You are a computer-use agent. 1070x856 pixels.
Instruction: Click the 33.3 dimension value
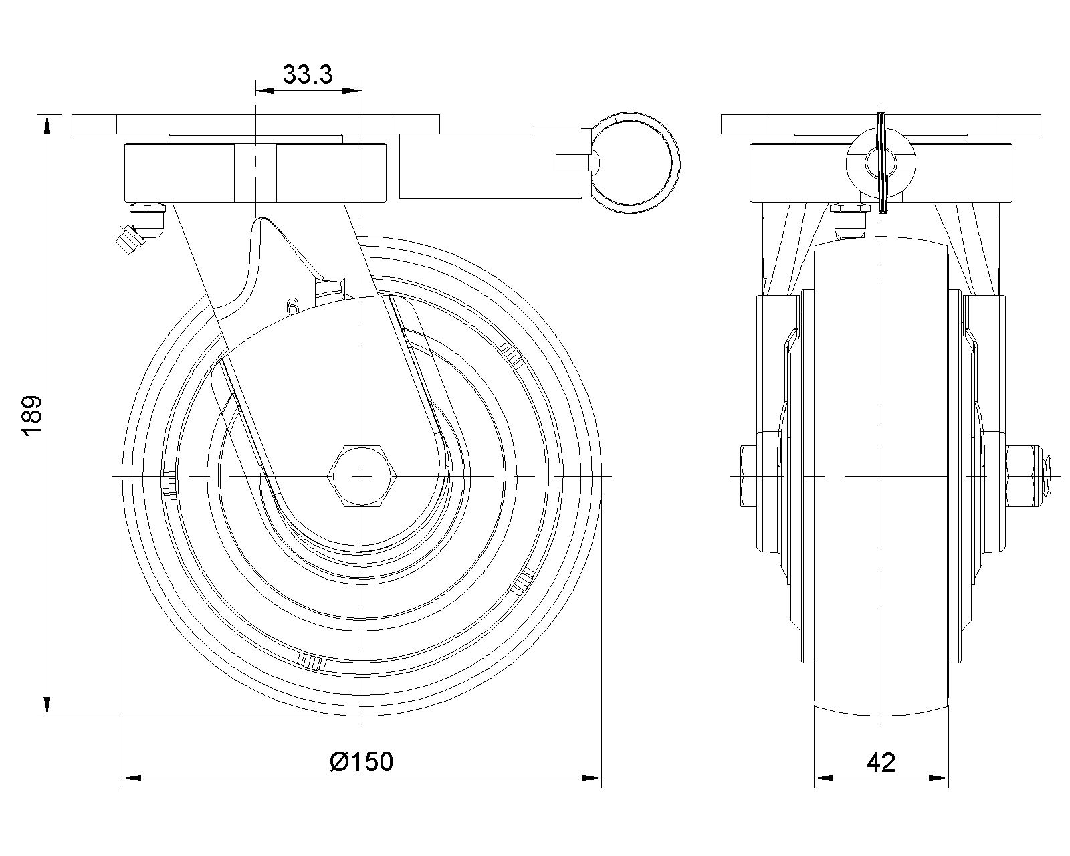click(308, 75)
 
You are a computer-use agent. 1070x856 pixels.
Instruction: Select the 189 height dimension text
click(32, 416)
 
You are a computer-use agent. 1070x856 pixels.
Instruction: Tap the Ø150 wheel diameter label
click(362, 762)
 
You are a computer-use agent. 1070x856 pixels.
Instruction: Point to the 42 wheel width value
click(881, 762)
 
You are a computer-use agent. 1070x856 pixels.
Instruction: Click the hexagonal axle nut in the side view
click(362, 476)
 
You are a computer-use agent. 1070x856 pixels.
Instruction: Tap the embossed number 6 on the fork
click(293, 306)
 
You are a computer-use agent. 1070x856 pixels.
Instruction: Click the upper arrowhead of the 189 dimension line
click(47, 124)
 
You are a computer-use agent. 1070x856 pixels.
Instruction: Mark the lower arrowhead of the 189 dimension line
click(47, 706)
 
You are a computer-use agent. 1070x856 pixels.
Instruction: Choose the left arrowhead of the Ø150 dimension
click(132, 778)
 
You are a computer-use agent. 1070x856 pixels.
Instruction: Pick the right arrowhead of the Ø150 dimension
click(592, 778)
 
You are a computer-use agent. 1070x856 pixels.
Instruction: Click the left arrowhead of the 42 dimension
click(823, 778)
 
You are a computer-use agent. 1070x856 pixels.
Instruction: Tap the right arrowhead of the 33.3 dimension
click(352, 90)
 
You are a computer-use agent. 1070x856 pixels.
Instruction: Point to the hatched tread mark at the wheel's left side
click(170, 485)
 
